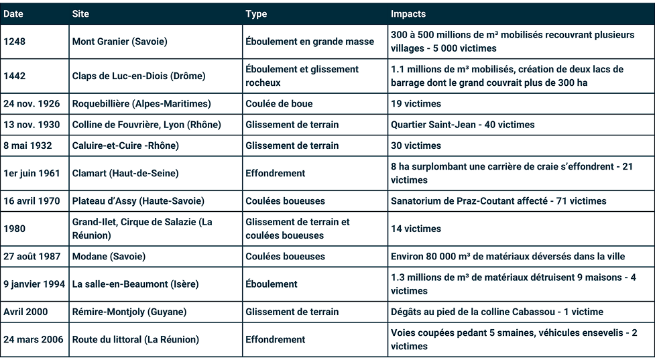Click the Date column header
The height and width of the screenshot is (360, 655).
pyautogui.click(x=13, y=13)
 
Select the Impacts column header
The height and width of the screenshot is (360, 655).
pyautogui.click(x=408, y=13)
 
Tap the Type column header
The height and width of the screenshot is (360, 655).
pyautogui.click(x=256, y=13)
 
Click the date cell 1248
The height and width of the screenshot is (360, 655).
pyautogui.click(x=15, y=42)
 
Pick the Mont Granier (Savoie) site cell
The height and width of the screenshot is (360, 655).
pyautogui.click(x=119, y=42)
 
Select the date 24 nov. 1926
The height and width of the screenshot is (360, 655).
pyautogui.click(x=32, y=104)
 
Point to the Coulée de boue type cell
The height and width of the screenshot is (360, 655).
pyautogui.click(x=279, y=104)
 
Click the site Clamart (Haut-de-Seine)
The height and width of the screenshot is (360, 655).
pyautogui.click(x=125, y=173)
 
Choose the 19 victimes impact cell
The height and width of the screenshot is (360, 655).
pyautogui.click(x=416, y=104)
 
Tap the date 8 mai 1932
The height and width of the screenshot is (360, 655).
pyautogui.click(x=27, y=145)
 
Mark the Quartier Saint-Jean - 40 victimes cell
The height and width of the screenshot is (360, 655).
pyautogui.click(x=463, y=125)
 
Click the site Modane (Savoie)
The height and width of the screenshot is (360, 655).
pyautogui.click(x=109, y=256)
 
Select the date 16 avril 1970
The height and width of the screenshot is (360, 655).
pyautogui.click(x=32, y=201)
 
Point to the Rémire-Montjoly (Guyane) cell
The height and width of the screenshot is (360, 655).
pyautogui.click(x=129, y=312)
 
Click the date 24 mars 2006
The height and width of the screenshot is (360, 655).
pyautogui.click(x=34, y=339)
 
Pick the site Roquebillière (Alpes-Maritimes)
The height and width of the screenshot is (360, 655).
pyautogui.click(x=141, y=104)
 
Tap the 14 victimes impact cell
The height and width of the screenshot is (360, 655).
pyautogui.click(x=416, y=229)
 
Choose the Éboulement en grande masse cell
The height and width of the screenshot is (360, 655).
pyautogui.click(x=310, y=42)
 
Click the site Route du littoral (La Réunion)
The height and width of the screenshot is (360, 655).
pyautogui.click(x=135, y=339)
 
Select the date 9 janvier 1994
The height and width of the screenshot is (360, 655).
pyautogui.click(x=34, y=284)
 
